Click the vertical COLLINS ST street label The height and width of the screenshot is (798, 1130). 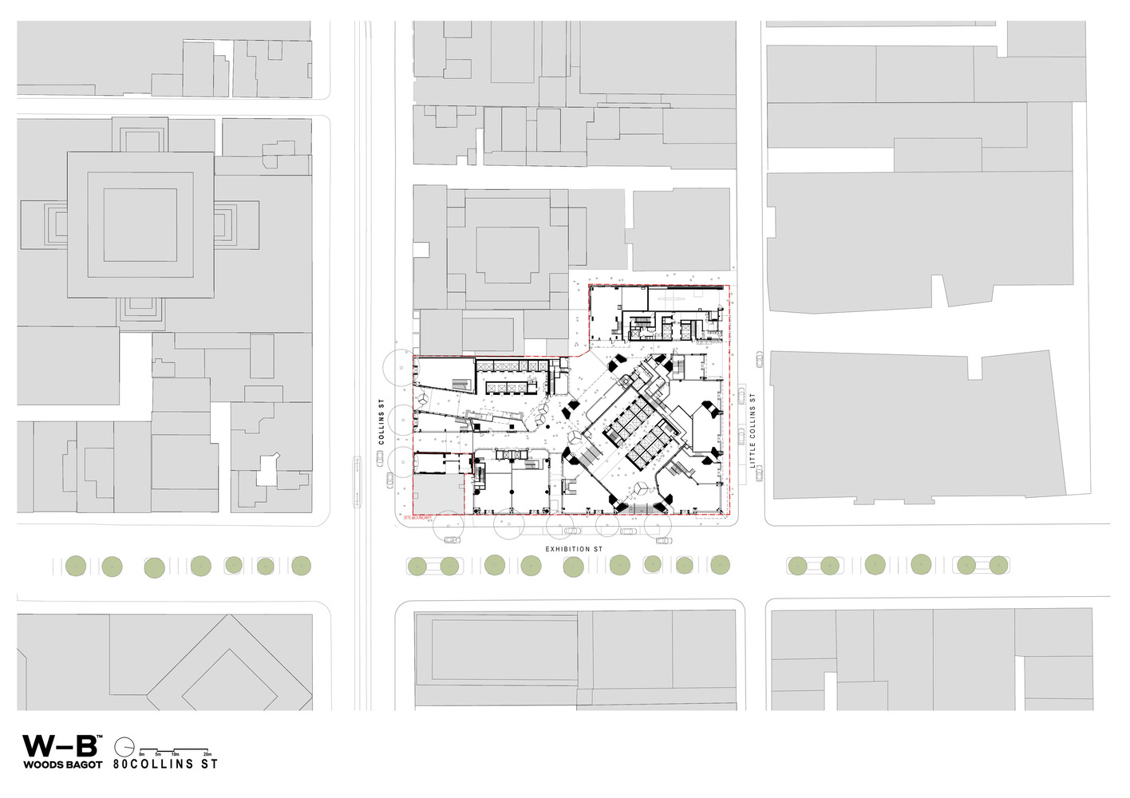[x=381, y=421]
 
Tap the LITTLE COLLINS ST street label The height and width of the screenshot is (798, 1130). [x=752, y=430]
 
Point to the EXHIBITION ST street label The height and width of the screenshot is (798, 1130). [x=574, y=549]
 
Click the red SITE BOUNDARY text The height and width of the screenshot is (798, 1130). [x=417, y=518]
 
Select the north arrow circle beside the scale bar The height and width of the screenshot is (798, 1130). [x=124, y=747]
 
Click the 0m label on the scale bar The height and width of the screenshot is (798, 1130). [x=142, y=754]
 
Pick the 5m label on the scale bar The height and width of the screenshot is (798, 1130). [x=158, y=754]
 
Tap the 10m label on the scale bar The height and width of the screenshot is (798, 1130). [x=175, y=754]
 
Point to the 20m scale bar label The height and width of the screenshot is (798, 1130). [x=207, y=754]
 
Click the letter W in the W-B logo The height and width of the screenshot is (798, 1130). [x=38, y=746]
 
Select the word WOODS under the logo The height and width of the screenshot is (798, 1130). [x=41, y=764]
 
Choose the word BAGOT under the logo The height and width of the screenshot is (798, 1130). [x=83, y=764]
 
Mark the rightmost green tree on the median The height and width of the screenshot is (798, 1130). [x=998, y=565]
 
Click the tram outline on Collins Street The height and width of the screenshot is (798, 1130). [x=356, y=481]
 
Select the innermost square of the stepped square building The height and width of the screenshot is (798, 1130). [x=140, y=225]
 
